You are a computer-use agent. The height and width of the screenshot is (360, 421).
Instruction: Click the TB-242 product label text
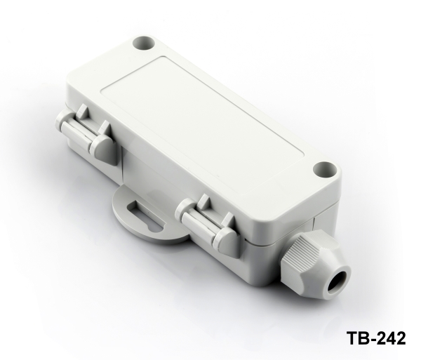click(376, 338)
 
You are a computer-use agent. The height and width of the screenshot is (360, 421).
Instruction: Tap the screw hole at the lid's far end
click(144, 44)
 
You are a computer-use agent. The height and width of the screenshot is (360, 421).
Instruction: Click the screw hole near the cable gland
click(325, 170)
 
